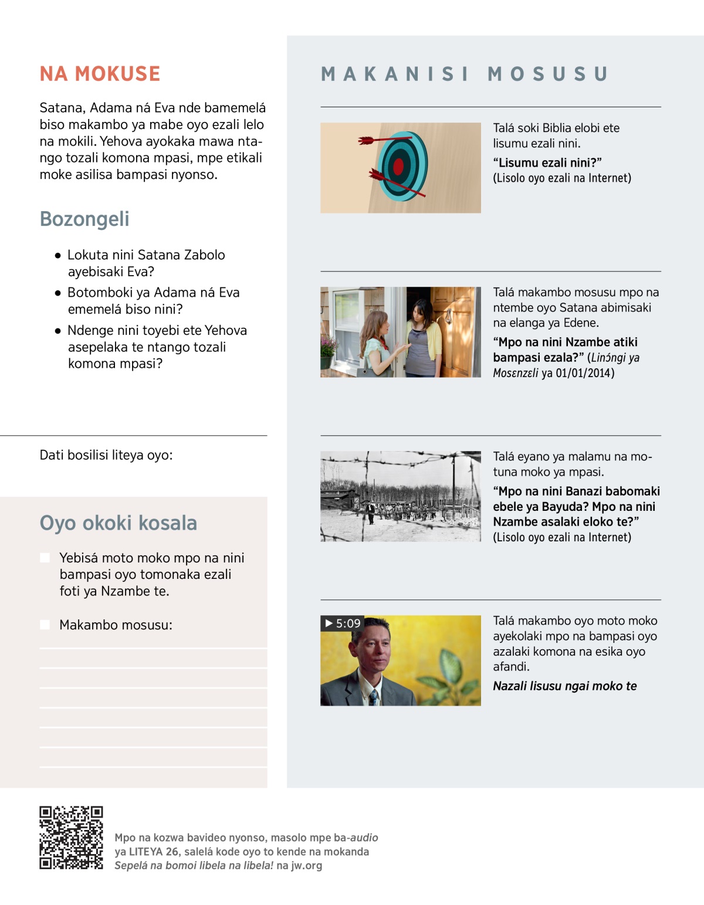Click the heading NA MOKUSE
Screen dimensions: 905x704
point(100,74)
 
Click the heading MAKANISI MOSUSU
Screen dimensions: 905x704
point(464,74)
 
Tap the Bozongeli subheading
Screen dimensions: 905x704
point(84,219)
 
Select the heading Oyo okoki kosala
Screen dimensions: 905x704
point(118,523)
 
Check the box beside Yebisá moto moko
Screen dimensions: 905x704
point(45,558)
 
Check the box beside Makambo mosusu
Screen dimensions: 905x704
point(45,625)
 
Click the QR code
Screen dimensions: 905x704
point(71,838)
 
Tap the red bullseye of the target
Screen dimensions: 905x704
point(398,167)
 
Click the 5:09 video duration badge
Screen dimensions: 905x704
point(343,623)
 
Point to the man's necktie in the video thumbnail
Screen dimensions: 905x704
point(373,697)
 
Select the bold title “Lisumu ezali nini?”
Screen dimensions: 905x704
point(547,162)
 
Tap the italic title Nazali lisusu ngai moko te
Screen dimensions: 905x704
point(564,686)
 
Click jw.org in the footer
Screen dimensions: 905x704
point(306,865)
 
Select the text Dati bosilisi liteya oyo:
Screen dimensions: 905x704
point(106,455)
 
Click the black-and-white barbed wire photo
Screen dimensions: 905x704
point(401,496)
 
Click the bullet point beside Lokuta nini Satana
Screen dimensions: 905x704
point(57,256)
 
